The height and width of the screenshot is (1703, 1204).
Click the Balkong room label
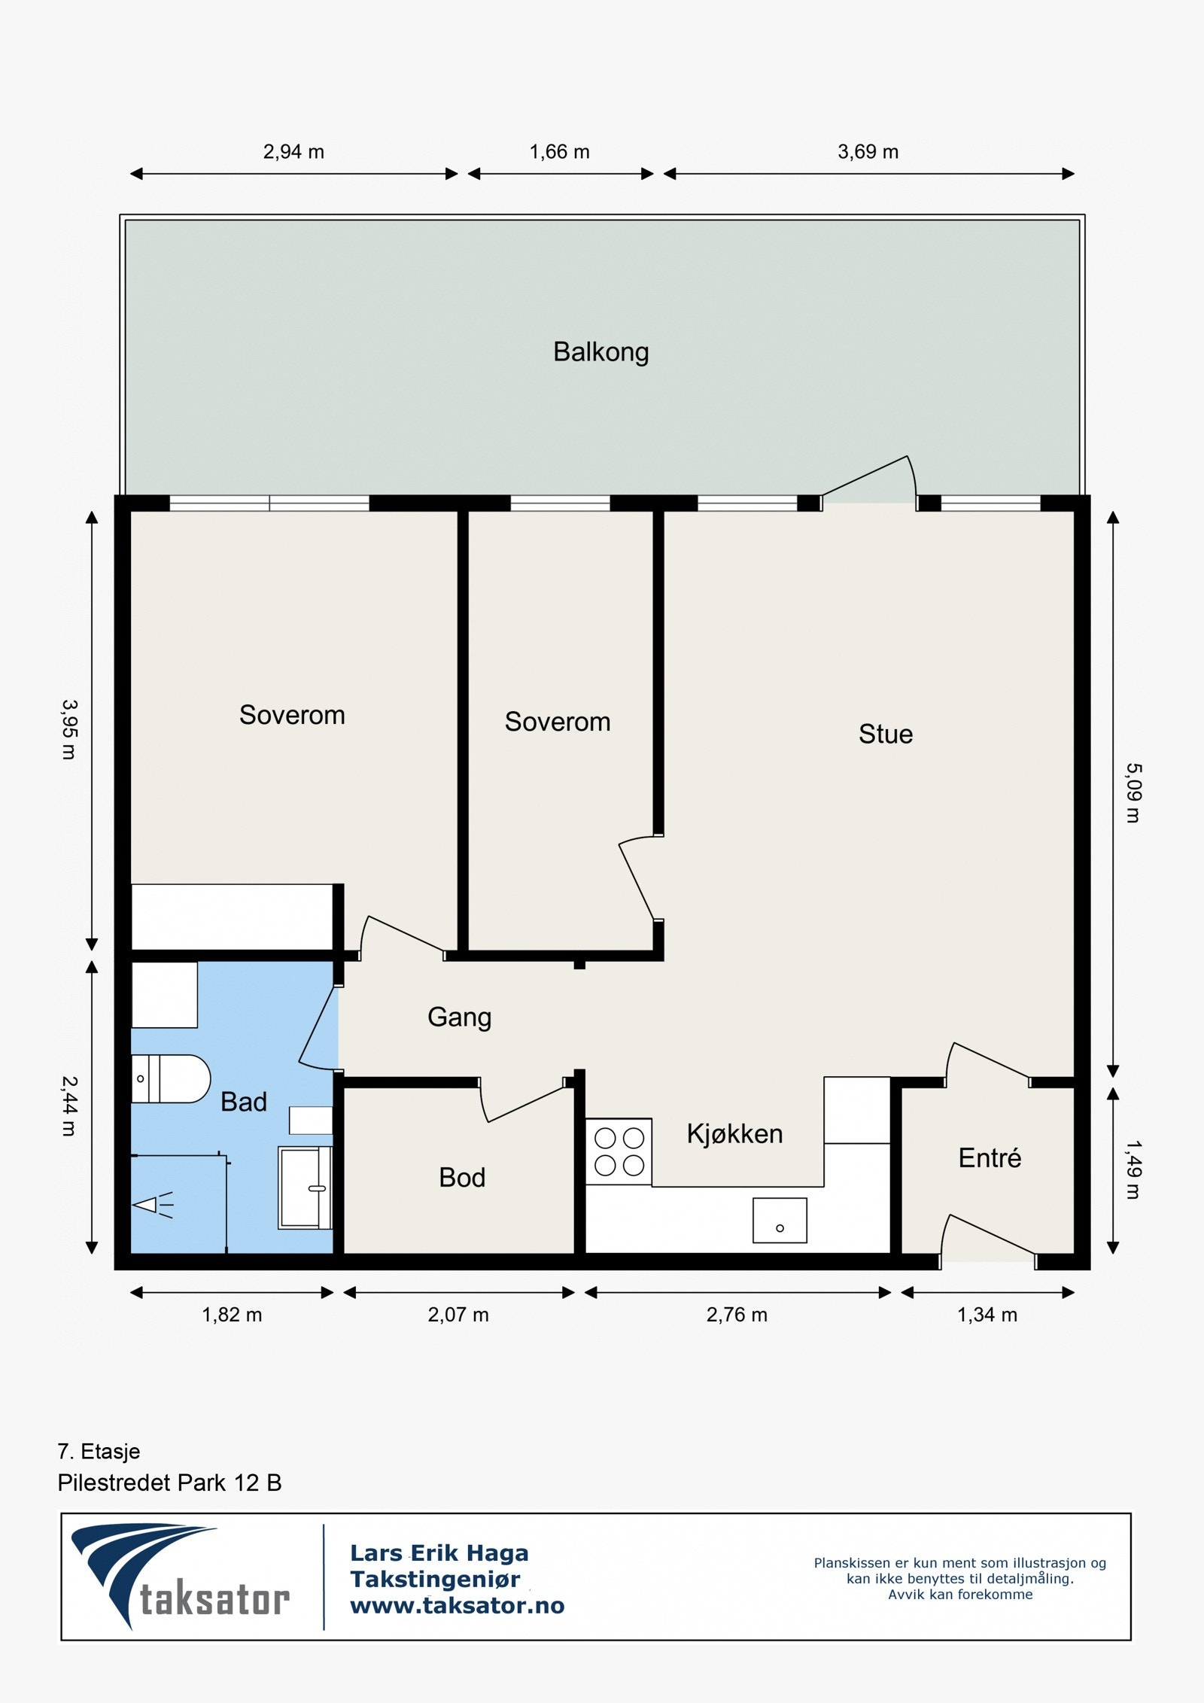(600, 352)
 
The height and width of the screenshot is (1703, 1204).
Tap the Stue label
(886, 734)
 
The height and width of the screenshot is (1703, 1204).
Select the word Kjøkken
(734, 1133)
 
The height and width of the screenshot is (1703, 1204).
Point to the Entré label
(990, 1157)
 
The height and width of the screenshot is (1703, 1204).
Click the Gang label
(459, 1017)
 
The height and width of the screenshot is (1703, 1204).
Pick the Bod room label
(462, 1177)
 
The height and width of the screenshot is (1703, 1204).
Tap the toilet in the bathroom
(171, 1078)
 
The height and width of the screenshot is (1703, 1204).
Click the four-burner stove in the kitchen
(619, 1151)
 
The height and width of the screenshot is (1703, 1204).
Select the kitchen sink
(780, 1220)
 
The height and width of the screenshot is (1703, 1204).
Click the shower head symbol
(154, 1205)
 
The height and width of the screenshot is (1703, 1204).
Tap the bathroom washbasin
(305, 1188)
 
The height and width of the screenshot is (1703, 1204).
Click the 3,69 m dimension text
(868, 152)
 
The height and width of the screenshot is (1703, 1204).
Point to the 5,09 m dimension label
(1133, 793)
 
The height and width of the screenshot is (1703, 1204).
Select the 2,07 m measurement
(458, 1315)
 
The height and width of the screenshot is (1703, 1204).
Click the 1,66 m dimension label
(559, 152)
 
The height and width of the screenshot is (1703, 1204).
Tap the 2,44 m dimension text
(68, 1105)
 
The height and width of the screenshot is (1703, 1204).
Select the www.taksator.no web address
(457, 1606)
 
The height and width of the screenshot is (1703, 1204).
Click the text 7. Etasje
(99, 1451)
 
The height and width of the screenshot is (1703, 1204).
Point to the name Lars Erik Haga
(439, 1552)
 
